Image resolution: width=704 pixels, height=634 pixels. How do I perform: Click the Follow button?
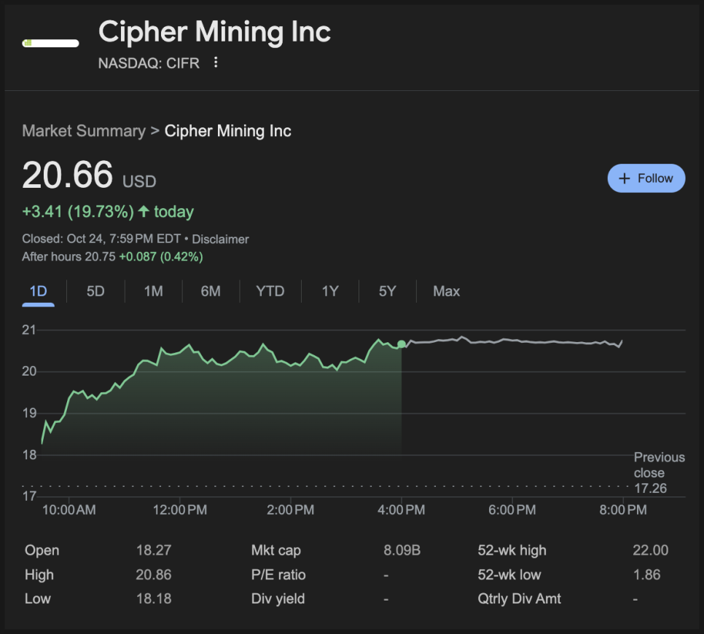(646, 178)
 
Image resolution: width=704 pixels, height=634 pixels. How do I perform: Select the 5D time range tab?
(95, 291)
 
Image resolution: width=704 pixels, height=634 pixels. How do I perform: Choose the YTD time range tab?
(270, 291)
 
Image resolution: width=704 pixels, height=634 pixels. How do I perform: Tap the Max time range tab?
(446, 291)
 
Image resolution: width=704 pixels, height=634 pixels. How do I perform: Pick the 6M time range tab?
(211, 291)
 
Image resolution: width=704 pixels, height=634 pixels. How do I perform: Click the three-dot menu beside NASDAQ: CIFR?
(216, 63)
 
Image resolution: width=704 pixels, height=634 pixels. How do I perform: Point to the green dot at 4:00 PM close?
(402, 344)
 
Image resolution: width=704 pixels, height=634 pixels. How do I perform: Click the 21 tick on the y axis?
(29, 330)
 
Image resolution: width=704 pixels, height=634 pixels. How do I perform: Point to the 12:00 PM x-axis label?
(180, 510)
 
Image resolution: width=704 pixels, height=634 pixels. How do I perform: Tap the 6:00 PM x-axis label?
(512, 510)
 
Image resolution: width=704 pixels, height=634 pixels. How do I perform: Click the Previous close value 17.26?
(650, 488)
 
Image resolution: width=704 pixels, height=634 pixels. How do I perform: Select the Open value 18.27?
(154, 550)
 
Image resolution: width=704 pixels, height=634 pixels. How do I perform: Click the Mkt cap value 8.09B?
(402, 550)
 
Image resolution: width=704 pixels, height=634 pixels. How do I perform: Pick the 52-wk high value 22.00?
(650, 550)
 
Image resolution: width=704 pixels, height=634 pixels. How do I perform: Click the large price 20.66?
(68, 175)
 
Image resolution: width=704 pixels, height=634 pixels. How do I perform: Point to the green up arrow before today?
(144, 212)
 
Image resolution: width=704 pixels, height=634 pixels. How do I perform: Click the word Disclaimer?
(220, 239)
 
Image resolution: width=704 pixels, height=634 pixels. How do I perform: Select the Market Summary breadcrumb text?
(84, 131)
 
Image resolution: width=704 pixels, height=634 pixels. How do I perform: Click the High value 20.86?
(154, 574)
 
